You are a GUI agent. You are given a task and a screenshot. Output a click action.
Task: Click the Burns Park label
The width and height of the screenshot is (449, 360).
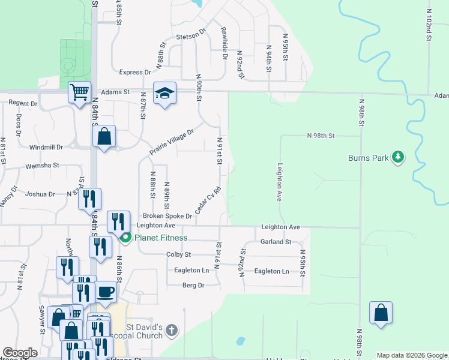point(367,158)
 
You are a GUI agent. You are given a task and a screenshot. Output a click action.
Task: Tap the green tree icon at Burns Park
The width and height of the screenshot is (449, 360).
point(397,157)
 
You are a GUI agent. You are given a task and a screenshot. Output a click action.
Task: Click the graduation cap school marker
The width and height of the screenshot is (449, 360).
point(164,93)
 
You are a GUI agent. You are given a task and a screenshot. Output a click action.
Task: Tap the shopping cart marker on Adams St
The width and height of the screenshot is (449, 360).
point(79,92)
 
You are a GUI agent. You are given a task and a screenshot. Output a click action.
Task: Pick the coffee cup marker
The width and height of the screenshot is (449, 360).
point(106,292)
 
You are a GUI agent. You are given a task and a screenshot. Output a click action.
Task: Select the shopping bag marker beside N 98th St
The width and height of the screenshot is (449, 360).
point(381,313)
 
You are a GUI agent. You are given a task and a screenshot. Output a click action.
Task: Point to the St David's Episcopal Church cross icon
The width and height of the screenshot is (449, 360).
point(172,330)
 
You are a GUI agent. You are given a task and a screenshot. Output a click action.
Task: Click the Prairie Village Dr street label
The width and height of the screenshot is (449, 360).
point(172,142)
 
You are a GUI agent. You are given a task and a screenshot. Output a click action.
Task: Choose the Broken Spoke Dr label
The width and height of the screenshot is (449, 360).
point(167,216)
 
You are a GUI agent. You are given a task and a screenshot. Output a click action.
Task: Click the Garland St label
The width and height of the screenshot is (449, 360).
point(276,242)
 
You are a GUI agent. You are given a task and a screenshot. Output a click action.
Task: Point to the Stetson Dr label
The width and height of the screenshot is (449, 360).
point(191,37)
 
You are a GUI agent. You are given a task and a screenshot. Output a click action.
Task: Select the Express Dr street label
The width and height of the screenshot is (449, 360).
point(135,73)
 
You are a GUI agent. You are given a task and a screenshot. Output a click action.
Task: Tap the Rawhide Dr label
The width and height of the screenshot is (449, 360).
point(224,43)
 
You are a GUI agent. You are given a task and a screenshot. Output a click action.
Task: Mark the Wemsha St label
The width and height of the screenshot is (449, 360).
point(42,165)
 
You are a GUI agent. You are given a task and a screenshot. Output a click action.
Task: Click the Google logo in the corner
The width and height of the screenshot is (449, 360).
point(20,353)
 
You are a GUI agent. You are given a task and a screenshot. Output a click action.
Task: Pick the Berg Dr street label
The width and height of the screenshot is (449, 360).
point(193,286)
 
